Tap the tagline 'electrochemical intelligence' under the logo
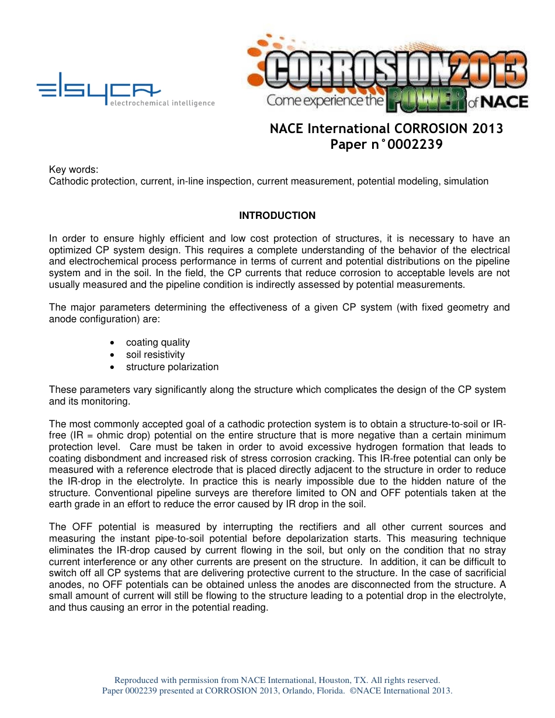[x=161, y=103]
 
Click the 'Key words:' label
[x=74, y=170]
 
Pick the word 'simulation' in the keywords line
[x=466, y=182]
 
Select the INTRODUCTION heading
[x=277, y=216]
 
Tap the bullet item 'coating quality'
[x=158, y=343]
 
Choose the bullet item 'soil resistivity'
[x=155, y=355]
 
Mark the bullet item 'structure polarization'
[x=172, y=367]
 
